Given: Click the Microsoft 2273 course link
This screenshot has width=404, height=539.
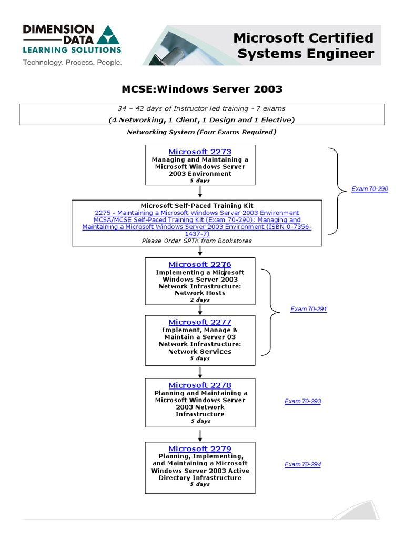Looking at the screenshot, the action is pyautogui.click(x=200, y=152).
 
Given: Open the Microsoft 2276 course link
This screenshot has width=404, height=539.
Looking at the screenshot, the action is pyautogui.click(x=200, y=265).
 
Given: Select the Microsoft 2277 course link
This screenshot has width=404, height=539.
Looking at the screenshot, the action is pyautogui.click(x=200, y=322).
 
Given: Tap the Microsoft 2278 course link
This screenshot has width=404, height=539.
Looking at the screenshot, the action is pyautogui.click(x=200, y=385).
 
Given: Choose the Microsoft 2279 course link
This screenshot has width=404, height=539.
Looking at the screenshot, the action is pyautogui.click(x=200, y=449).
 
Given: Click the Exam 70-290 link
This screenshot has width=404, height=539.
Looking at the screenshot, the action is pyautogui.click(x=370, y=189).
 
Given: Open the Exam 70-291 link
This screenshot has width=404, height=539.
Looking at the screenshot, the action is pyautogui.click(x=309, y=309).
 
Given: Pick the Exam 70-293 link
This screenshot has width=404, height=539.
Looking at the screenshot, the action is pyautogui.click(x=302, y=401).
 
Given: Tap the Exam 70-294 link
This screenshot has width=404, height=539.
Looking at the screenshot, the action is pyautogui.click(x=302, y=464).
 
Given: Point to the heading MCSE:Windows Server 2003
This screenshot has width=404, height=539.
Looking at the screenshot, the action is pyautogui.click(x=203, y=89).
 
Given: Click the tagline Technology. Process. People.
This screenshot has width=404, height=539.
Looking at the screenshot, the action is pyautogui.click(x=72, y=63).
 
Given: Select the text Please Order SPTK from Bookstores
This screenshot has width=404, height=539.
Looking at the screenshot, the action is pyautogui.click(x=197, y=241).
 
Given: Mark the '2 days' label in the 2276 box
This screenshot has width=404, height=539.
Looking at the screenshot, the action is pyautogui.click(x=200, y=300).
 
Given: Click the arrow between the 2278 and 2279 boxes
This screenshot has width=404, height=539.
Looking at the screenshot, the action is pyautogui.click(x=200, y=434).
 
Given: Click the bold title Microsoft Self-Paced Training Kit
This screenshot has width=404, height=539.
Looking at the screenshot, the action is pyautogui.click(x=197, y=205).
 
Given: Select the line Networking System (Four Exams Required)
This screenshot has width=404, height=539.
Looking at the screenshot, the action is pyautogui.click(x=201, y=132).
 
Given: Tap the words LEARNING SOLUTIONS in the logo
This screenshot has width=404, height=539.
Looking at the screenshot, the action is pyautogui.click(x=72, y=50).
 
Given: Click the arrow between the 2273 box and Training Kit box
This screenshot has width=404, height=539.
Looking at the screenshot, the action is pyautogui.click(x=200, y=192).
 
